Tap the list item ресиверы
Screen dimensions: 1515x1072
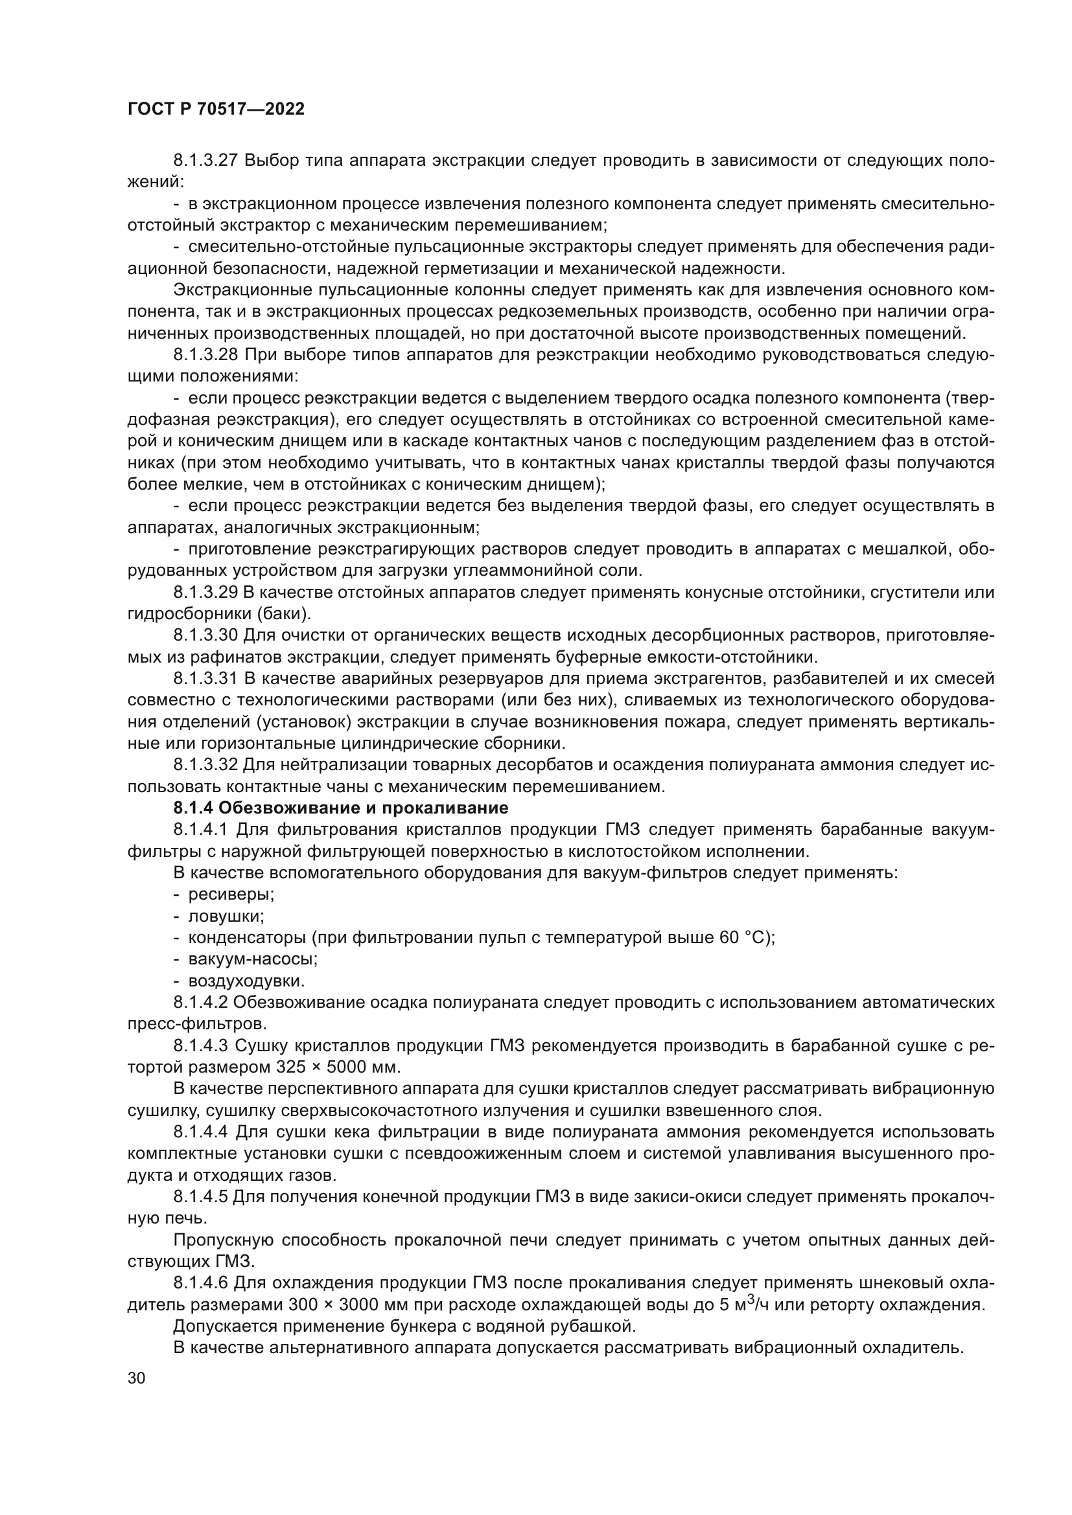coord(231,895)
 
